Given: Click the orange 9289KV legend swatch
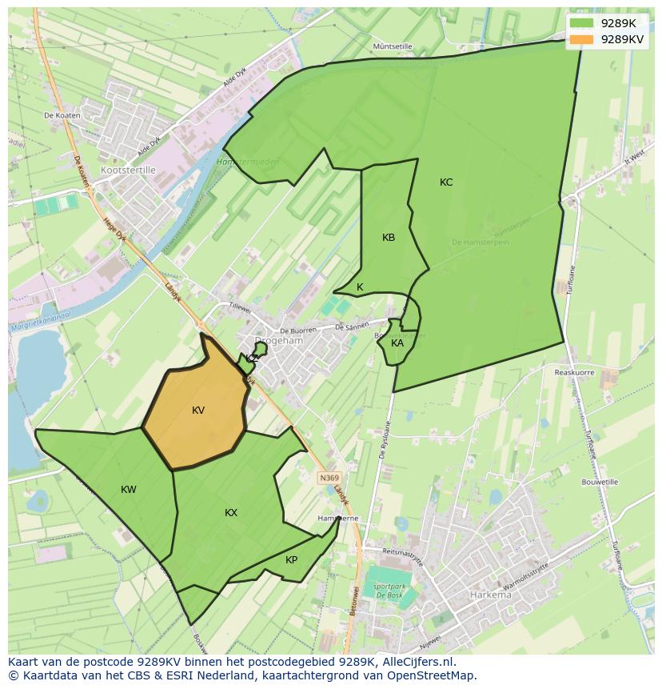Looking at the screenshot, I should (583, 38).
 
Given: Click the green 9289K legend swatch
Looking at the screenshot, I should (583, 23).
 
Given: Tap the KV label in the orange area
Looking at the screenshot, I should (198, 411).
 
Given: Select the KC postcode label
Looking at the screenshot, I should (446, 182).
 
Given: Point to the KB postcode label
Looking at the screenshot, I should (389, 238).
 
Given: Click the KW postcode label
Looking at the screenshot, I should (129, 490).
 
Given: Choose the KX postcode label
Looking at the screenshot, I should (231, 513).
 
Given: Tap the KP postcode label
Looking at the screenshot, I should (291, 560).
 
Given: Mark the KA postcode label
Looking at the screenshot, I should (397, 343).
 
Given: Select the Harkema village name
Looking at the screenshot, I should (490, 595).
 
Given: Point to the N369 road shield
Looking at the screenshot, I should (328, 478).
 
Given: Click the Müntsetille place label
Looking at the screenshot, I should (393, 46).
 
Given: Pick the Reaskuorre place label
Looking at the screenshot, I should (574, 373).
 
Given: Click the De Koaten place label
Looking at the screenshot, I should (62, 116).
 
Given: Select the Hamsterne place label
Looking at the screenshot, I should (338, 519).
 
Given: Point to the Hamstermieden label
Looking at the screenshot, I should (248, 162).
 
